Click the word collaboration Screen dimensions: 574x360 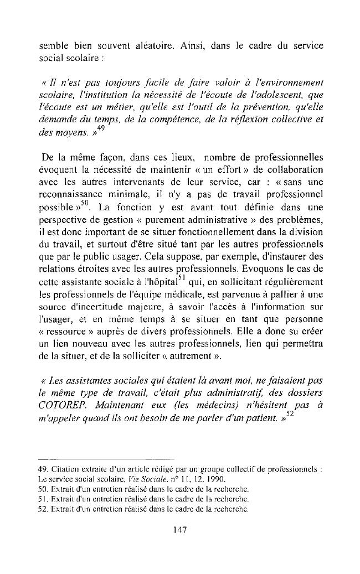click(292, 171)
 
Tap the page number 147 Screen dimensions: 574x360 click(180, 529)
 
